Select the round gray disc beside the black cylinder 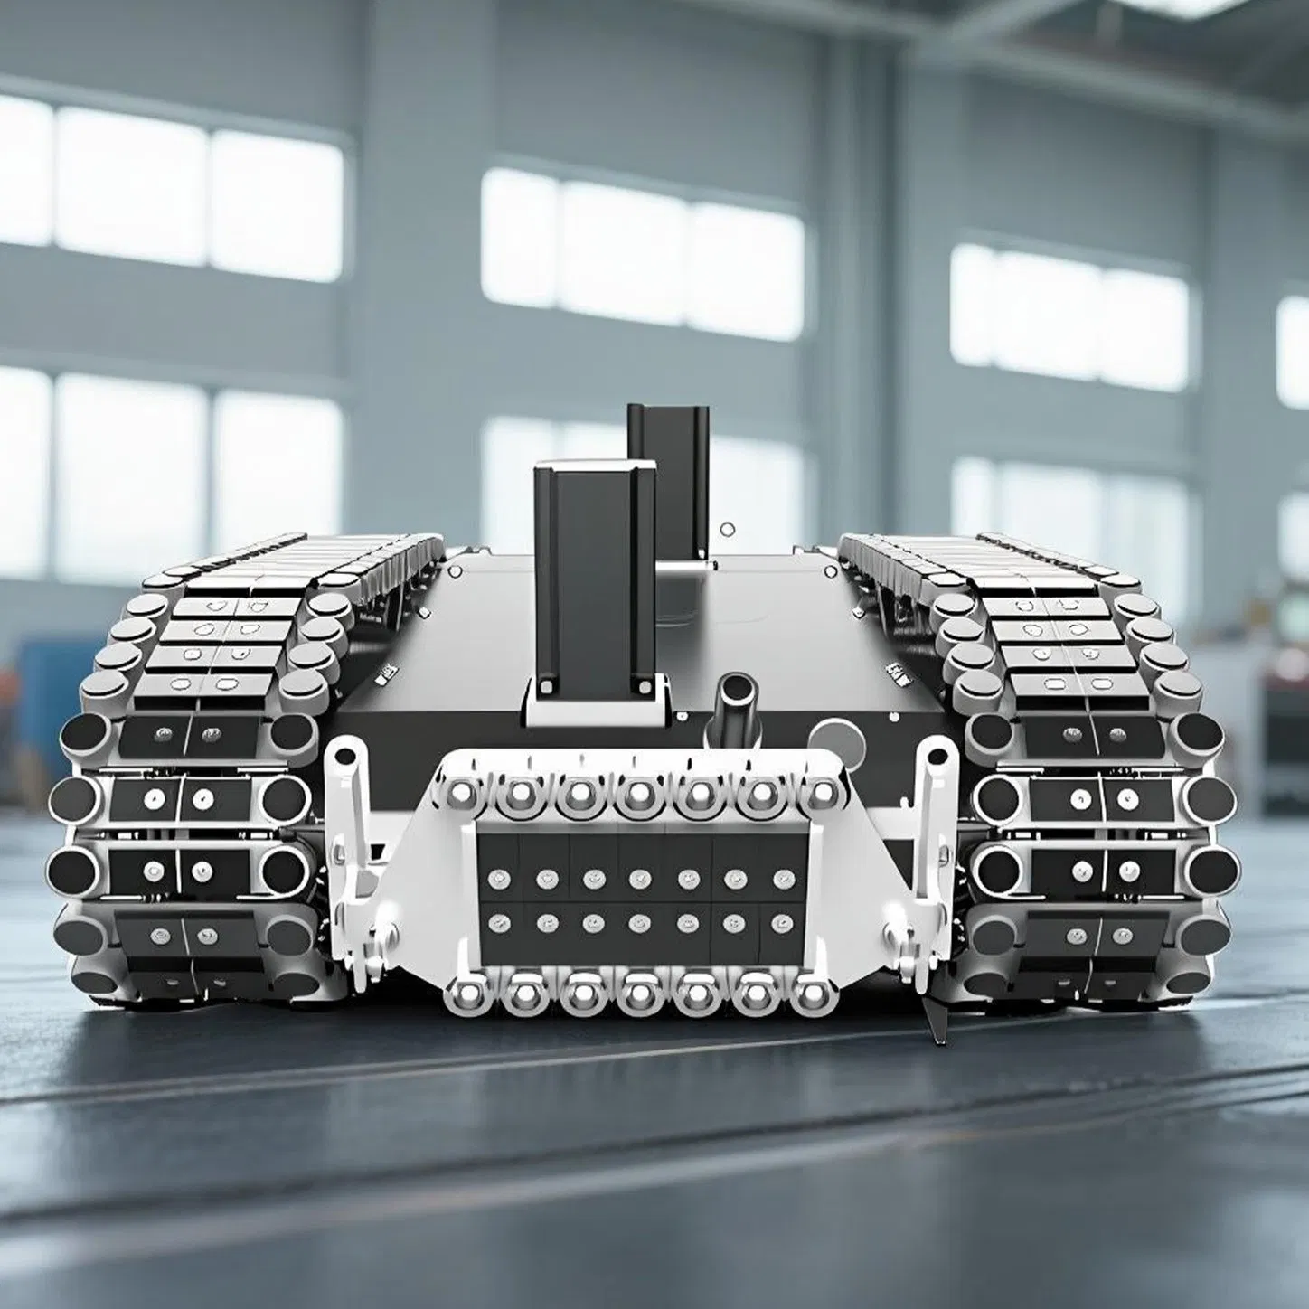click(833, 737)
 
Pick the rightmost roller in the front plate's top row click(819, 794)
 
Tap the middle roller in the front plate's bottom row click(640, 994)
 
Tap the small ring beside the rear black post click(728, 529)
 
